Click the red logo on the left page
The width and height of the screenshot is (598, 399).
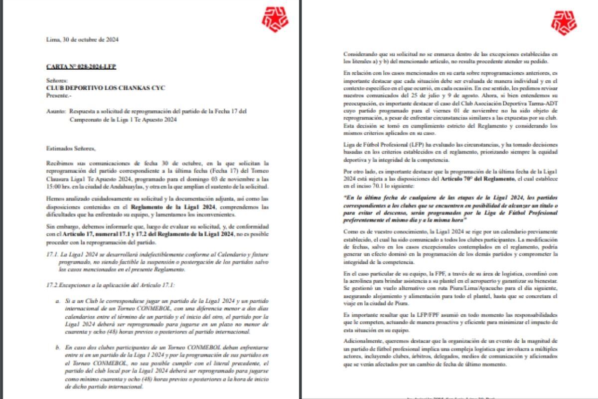(275, 19)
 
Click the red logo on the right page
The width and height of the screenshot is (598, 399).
(564, 22)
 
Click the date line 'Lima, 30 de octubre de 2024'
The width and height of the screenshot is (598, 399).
(82, 39)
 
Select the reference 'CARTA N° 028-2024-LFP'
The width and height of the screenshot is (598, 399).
(81, 66)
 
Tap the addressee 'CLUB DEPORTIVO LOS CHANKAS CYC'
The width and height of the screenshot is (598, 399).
(105, 88)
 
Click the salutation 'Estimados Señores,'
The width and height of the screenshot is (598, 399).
(70, 148)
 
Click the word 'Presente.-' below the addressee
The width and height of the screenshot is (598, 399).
(59, 95)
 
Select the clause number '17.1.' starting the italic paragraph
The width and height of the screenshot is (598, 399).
(51, 255)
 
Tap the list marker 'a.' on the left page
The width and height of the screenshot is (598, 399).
(58, 302)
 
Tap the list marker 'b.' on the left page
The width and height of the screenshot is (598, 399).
(58, 347)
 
